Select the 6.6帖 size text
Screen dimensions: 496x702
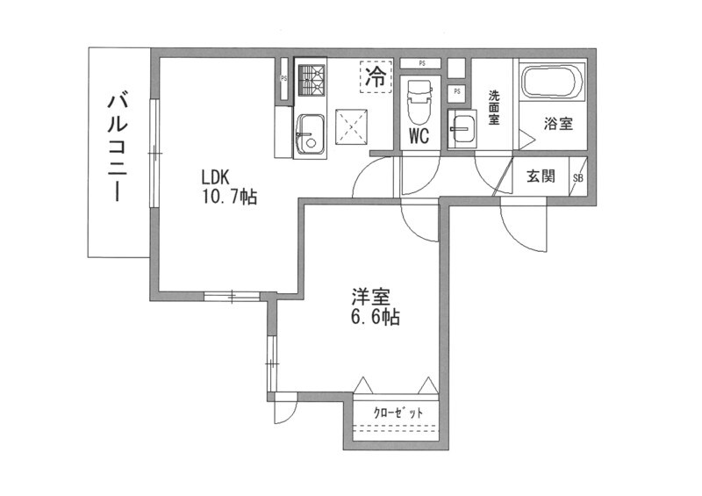(x=374, y=318)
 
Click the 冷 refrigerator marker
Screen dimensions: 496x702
(x=375, y=75)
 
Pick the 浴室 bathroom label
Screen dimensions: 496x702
(x=558, y=124)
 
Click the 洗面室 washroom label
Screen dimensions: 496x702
(x=494, y=108)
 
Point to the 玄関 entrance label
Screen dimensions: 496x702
(x=541, y=176)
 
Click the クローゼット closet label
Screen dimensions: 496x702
(x=398, y=412)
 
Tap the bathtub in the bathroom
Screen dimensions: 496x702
(x=551, y=85)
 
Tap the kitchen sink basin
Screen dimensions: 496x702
(x=310, y=134)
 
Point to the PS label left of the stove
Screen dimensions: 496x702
(x=283, y=78)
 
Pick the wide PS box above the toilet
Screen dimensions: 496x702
(x=422, y=63)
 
